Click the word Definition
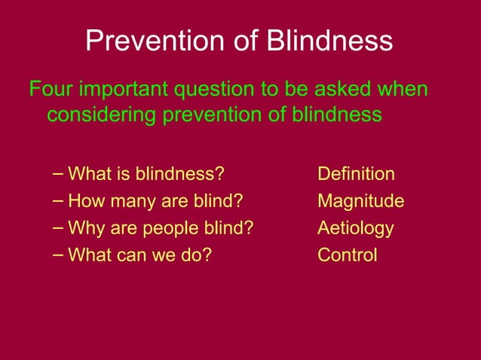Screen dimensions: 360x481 tap(356, 174)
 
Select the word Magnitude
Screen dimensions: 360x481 tap(360, 201)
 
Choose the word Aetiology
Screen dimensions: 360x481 tap(355, 228)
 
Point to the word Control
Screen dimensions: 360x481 tap(347, 255)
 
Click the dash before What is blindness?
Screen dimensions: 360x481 tap(59, 174)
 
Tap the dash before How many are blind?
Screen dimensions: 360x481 tap(59, 200)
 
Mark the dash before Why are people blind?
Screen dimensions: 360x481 tap(59, 227)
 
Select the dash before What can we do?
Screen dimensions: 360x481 tap(59, 255)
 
